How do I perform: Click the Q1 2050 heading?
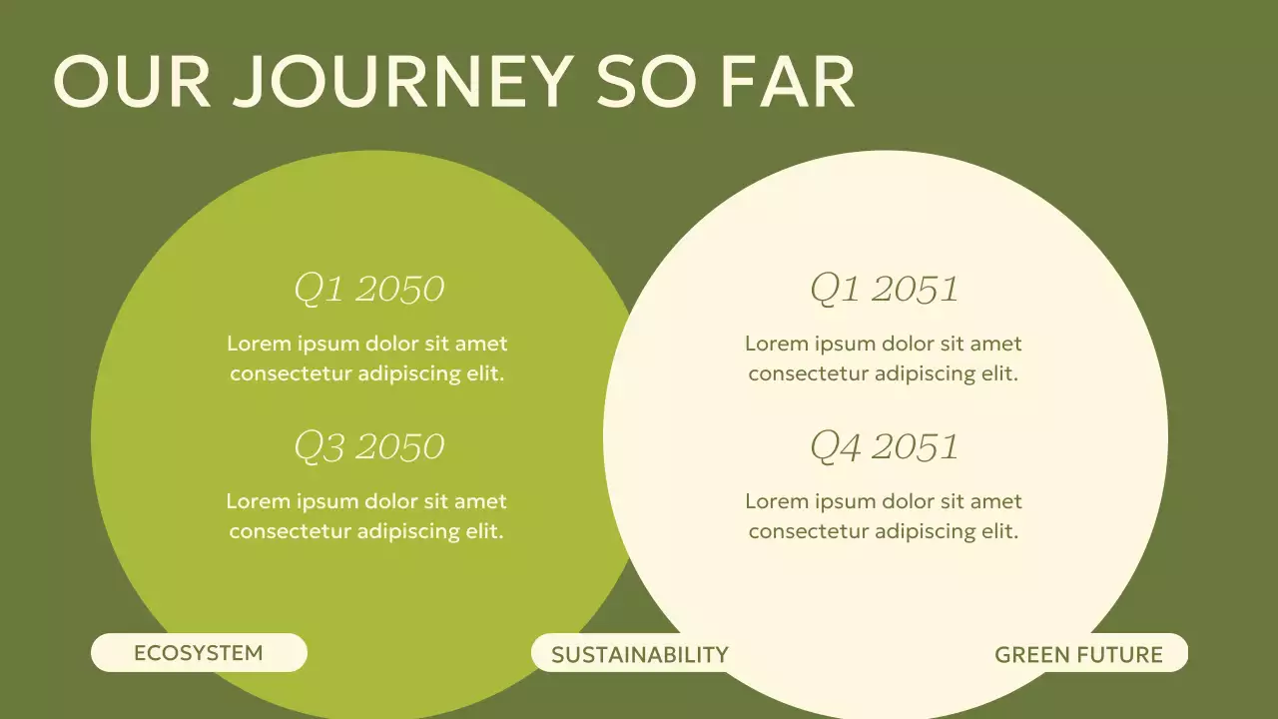click(x=368, y=289)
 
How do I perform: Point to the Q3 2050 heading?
click(x=368, y=446)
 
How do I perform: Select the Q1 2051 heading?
click(x=884, y=289)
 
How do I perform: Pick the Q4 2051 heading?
click(x=884, y=446)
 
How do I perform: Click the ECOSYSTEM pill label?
click(x=199, y=653)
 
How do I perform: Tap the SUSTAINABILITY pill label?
click(x=640, y=655)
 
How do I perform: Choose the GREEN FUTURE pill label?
click(x=1079, y=655)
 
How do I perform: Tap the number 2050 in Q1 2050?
click(x=399, y=289)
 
